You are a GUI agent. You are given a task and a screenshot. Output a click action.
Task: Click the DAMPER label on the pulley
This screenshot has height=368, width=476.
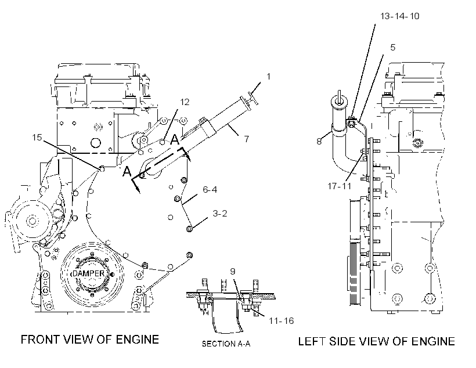pyautogui.click(x=88, y=273)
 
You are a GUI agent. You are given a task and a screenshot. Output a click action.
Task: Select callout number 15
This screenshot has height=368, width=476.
pyautogui.click(x=37, y=137)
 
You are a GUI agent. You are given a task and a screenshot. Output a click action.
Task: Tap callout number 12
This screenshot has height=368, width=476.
pyautogui.click(x=185, y=102)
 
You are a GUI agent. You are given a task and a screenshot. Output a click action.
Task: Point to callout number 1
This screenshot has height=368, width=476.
pyautogui.click(x=268, y=77)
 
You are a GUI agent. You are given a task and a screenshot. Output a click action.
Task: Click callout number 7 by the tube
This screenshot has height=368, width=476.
pyautogui.click(x=247, y=139)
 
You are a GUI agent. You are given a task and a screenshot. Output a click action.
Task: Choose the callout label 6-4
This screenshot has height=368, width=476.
pyautogui.click(x=210, y=190)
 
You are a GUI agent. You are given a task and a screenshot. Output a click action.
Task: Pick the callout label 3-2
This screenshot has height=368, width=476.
pyautogui.click(x=220, y=214)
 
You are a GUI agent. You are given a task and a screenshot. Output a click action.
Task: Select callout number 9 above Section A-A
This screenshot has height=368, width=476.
pyautogui.click(x=233, y=271)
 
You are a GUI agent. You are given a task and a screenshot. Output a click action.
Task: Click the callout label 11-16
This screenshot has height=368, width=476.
pyautogui.click(x=281, y=320)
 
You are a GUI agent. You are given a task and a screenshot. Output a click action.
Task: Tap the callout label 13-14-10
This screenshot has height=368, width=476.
pyautogui.click(x=400, y=16)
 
